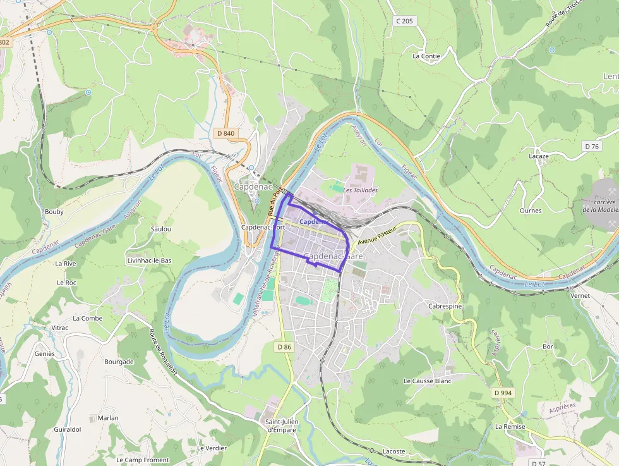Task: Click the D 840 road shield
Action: [x=225, y=133]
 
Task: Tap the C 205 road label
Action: [x=404, y=21]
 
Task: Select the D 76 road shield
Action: [x=591, y=146]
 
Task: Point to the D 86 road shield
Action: [x=284, y=346]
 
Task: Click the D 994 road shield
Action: [x=503, y=393]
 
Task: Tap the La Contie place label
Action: [x=426, y=56]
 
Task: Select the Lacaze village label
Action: [x=538, y=156]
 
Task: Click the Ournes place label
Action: [x=530, y=211]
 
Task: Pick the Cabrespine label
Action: [x=445, y=305]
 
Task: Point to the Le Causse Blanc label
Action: [x=428, y=381]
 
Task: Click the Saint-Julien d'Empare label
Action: [x=281, y=426]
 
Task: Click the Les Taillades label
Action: [x=361, y=190]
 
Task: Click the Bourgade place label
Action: [x=119, y=362]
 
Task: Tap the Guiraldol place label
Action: [x=68, y=429]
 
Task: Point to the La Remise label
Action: [x=510, y=426]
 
